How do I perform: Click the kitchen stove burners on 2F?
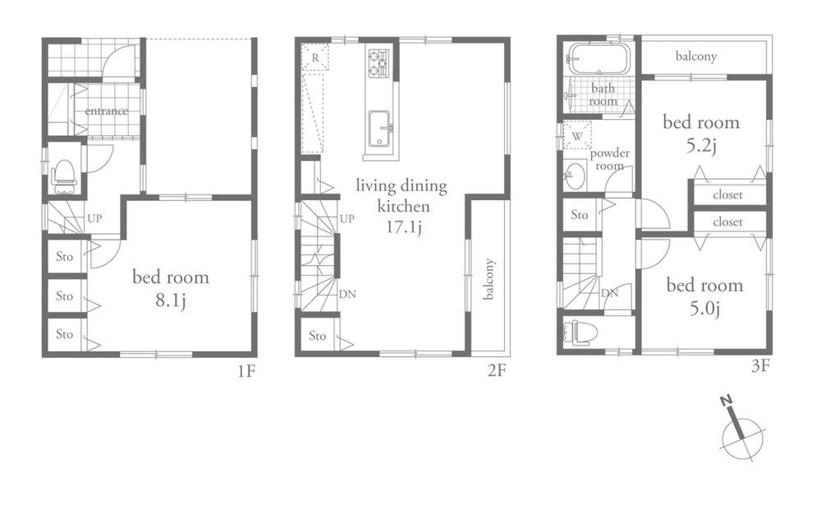pyautogui.click(x=378, y=64)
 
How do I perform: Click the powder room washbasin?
pyautogui.click(x=574, y=174)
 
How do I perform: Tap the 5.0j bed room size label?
pyautogui.click(x=704, y=309)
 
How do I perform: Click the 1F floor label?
pyautogui.click(x=247, y=371)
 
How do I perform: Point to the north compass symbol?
pyautogui.click(x=741, y=429)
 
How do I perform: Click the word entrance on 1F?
pyautogui.click(x=106, y=111)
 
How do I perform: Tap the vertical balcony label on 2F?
pyautogui.click(x=489, y=279)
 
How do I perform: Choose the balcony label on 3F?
pyautogui.click(x=696, y=57)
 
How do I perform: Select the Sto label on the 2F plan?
pyautogui.click(x=318, y=336)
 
